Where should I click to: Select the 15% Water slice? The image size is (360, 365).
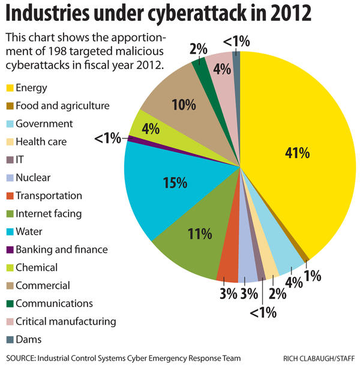pos(174,186)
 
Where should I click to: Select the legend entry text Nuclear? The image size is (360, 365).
pos(34,177)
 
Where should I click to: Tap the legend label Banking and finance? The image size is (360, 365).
pos(62,249)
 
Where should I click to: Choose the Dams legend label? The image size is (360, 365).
pos(29,339)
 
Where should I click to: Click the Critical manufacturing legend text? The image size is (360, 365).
pos(66,321)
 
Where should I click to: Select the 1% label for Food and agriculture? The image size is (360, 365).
pos(312,276)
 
